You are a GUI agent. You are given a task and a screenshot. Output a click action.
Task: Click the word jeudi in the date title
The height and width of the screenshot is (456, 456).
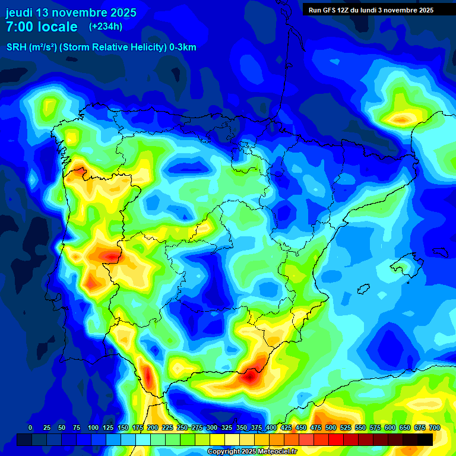(x=20, y=12)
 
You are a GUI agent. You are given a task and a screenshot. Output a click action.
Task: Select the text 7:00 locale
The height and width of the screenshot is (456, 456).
(x=42, y=27)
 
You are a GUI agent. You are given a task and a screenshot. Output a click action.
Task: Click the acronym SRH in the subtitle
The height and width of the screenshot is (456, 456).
(x=16, y=47)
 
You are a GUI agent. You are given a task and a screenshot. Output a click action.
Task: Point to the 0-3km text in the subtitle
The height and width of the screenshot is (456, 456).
(x=182, y=47)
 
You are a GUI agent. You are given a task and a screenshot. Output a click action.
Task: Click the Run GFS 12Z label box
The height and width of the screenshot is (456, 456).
(x=370, y=9)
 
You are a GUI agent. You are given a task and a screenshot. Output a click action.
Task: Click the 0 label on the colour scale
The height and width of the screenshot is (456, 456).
(x=30, y=427)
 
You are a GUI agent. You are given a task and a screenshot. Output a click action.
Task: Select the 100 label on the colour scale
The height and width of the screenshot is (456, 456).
(x=93, y=427)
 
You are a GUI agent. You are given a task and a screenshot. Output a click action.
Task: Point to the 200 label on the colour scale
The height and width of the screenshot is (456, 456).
(x=153, y=427)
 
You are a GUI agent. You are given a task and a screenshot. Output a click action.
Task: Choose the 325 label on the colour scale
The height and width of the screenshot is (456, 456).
(x=227, y=427)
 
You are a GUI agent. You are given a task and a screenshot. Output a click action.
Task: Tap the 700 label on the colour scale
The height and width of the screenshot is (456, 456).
(x=435, y=427)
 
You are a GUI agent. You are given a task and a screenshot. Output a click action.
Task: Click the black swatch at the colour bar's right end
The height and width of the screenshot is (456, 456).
(x=425, y=439)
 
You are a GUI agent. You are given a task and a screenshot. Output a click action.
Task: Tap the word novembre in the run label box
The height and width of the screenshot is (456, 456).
(x=396, y=9)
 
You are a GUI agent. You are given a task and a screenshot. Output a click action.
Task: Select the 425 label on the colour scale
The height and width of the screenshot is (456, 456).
(x=286, y=427)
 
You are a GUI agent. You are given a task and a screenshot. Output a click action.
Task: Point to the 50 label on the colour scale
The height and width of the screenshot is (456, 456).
(x=62, y=427)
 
